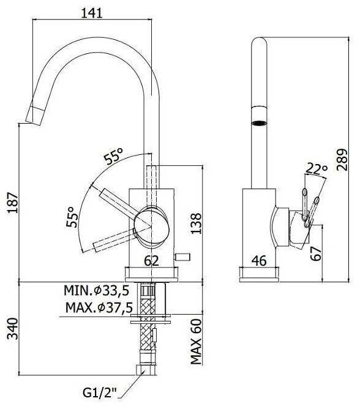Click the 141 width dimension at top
point(92,13)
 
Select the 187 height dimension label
point(13,203)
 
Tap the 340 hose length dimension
point(13,329)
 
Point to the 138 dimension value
point(196,223)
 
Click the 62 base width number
point(152,261)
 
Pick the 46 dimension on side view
point(260,261)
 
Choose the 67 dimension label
point(316,253)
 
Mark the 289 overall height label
point(342,160)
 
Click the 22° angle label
point(317,169)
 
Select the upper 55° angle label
point(113,156)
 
